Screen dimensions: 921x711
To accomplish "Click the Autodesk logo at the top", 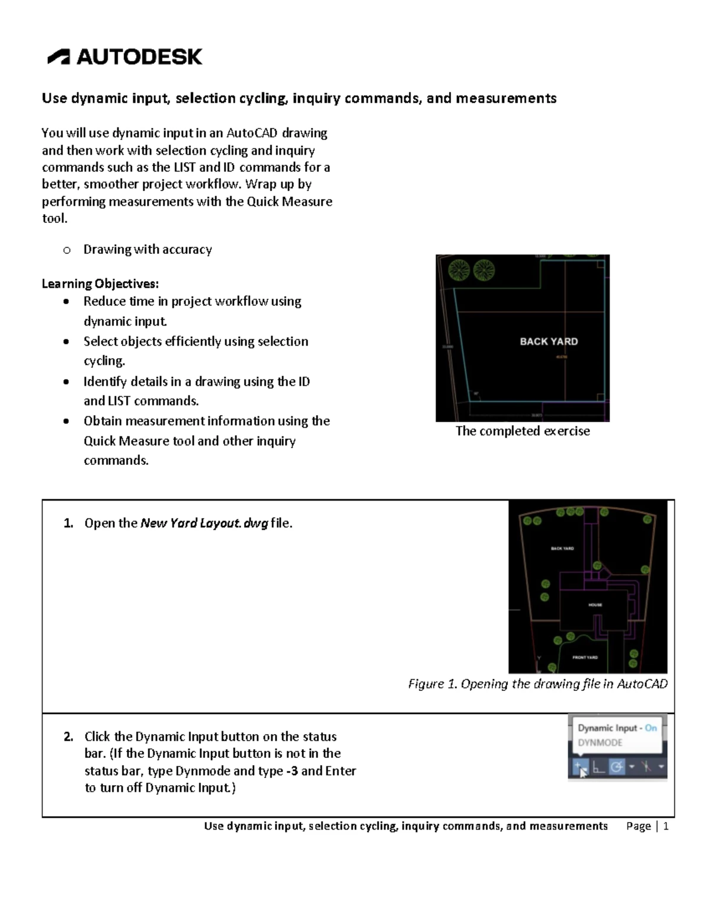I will (125, 56).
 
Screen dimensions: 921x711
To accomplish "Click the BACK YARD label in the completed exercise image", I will (549, 342).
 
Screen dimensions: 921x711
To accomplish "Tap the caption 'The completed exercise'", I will (522, 431).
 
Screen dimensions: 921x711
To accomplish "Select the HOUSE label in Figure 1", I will (595, 605).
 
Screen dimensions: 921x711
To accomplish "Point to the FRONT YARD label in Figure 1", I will (585, 657).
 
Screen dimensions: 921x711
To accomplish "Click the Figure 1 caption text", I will (537, 684).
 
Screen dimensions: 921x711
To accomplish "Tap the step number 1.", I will (69, 523).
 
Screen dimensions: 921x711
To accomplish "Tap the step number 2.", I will (69, 737).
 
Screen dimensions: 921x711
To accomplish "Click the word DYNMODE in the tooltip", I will (600, 742).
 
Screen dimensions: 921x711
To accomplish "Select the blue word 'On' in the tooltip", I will (651, 728).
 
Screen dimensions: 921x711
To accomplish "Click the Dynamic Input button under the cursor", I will (579, 767).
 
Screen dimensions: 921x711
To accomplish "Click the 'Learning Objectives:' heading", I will (100, 283).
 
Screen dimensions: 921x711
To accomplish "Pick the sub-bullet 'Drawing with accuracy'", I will (148, 250).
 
